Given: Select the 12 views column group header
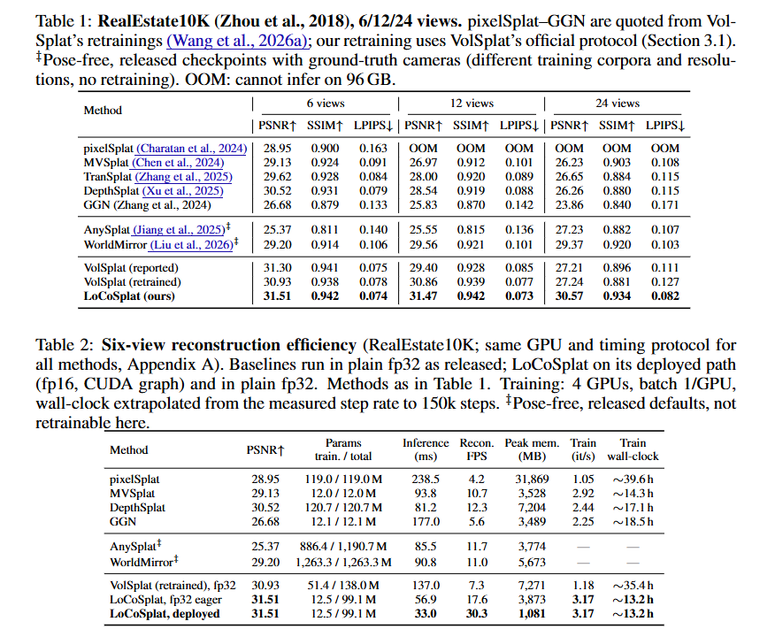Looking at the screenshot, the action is click(472, 104).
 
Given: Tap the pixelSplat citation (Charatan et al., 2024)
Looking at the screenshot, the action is click(192, 149).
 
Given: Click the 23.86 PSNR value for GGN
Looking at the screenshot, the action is click(569, 205).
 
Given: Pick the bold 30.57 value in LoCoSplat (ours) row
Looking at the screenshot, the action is click(569, 296).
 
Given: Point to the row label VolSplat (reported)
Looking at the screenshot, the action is click(131, 268).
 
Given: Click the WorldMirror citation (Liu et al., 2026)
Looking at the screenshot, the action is click(192, 244).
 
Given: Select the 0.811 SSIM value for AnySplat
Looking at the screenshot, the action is click(325, 230).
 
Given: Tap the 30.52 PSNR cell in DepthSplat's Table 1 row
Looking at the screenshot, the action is click(277, 191).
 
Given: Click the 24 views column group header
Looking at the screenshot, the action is click(618, 104).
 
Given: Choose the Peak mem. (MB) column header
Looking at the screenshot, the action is click(532, 449).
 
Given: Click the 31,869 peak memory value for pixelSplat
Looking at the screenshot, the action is click(532, 480).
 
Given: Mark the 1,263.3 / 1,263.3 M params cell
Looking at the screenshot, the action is click(343, 563).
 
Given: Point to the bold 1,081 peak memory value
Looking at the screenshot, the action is click(532, 614).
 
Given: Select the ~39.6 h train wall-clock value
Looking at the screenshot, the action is click(633, 480).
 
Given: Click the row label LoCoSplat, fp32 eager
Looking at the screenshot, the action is click(165, 600).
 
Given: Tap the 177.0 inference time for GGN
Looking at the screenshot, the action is click(426, 522).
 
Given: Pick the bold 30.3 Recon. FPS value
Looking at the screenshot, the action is click(477, 614).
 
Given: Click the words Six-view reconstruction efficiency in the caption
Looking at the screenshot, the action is click(229, 345).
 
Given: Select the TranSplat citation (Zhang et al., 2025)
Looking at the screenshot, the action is click(184, 177).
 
